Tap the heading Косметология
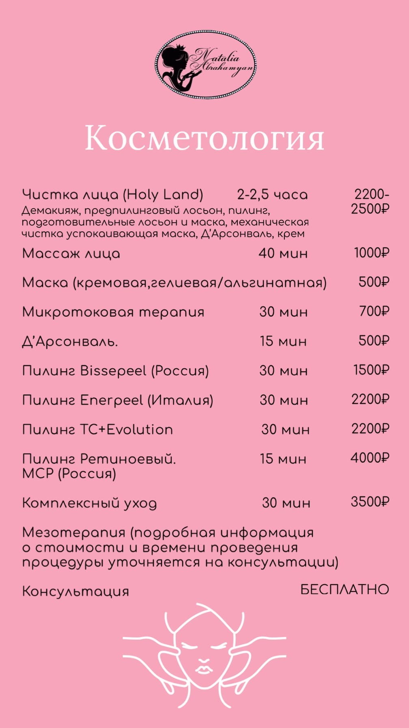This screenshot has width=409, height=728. pyautogui.click(x=204, y=138)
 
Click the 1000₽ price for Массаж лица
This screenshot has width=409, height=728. pyautogui.click(x=371, y=253)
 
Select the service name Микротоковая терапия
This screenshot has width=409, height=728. pyautogui.click(x=113, y=312)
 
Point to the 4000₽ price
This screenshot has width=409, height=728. pyautogui.click(x=370, y=458)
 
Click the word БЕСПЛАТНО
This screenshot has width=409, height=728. pyautogui.click(x=344, y=589)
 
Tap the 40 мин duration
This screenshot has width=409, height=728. pyautogui.click(x=283, y=253)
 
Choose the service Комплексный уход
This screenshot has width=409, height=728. pyautogui.click(x=89, y=503)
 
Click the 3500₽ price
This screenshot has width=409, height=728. pyautogui.click(x=370, y=502)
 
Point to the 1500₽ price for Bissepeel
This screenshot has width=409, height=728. pyautogui.click(x=371, y=370)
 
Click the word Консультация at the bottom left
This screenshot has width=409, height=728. pyautogui.click(x=75, y=591)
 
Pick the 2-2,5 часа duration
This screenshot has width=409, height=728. pyautogui.click(x=272, y=195)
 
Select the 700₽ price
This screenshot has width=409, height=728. pyautogui.click(x=374, y=312)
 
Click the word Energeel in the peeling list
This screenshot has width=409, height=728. pyautogui.click(x=112, y=400)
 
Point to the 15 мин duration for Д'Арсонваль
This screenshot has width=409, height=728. pyautogui.click(x=283, y=341)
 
